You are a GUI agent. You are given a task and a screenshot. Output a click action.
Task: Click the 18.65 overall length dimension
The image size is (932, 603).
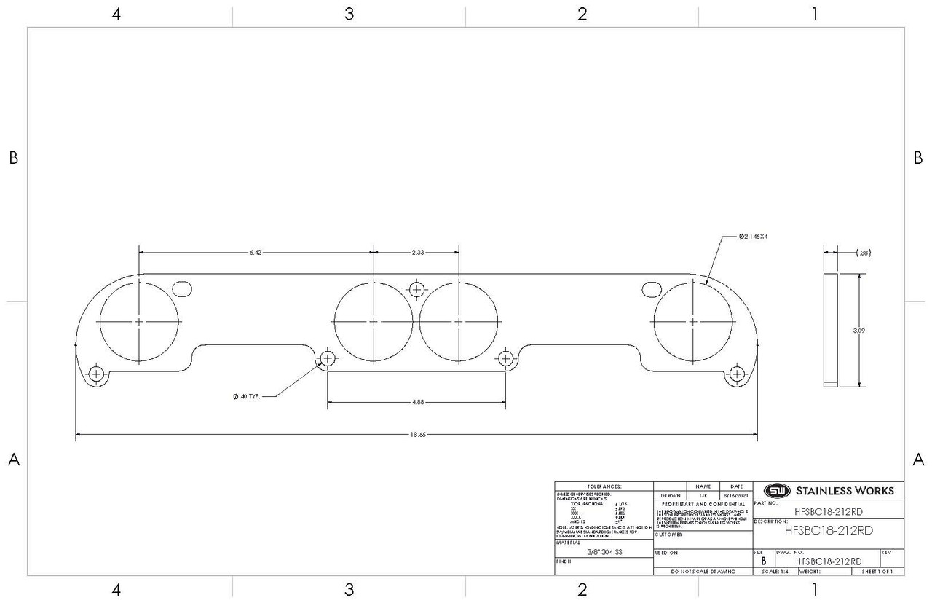click(x=417, y=435)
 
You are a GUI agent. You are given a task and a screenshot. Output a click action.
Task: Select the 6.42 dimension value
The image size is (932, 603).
click(x=255, y=252)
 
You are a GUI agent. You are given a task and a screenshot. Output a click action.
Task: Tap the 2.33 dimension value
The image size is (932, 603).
click(x=417, y=252)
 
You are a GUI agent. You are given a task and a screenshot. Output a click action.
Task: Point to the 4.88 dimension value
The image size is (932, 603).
click(x=417, y=401)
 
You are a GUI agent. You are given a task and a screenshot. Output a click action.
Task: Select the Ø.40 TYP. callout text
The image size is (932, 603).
click(x=247, y=396)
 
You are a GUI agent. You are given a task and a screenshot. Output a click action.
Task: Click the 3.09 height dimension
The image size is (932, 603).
click(x=859, y=330)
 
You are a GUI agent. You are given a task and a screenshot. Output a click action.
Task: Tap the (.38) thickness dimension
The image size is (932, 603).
click(x=864, y=253)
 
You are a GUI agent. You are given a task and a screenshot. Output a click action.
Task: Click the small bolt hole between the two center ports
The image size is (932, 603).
click(x=416, y=289)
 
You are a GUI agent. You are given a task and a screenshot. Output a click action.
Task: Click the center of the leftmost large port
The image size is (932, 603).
click(x=139, y=321)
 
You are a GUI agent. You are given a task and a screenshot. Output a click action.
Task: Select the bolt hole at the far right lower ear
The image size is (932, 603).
click(x=737, y=374)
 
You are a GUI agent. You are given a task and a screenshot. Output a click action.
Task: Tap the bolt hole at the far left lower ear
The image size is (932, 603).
click(x=96, y=374)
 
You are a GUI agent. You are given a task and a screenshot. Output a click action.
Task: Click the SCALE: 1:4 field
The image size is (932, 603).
click(x=775, y=572)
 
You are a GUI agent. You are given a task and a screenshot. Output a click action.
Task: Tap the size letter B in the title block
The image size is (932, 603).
click(x=762, y=561)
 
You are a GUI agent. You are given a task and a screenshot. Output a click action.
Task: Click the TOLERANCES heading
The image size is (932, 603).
click(x=604, y=486)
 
